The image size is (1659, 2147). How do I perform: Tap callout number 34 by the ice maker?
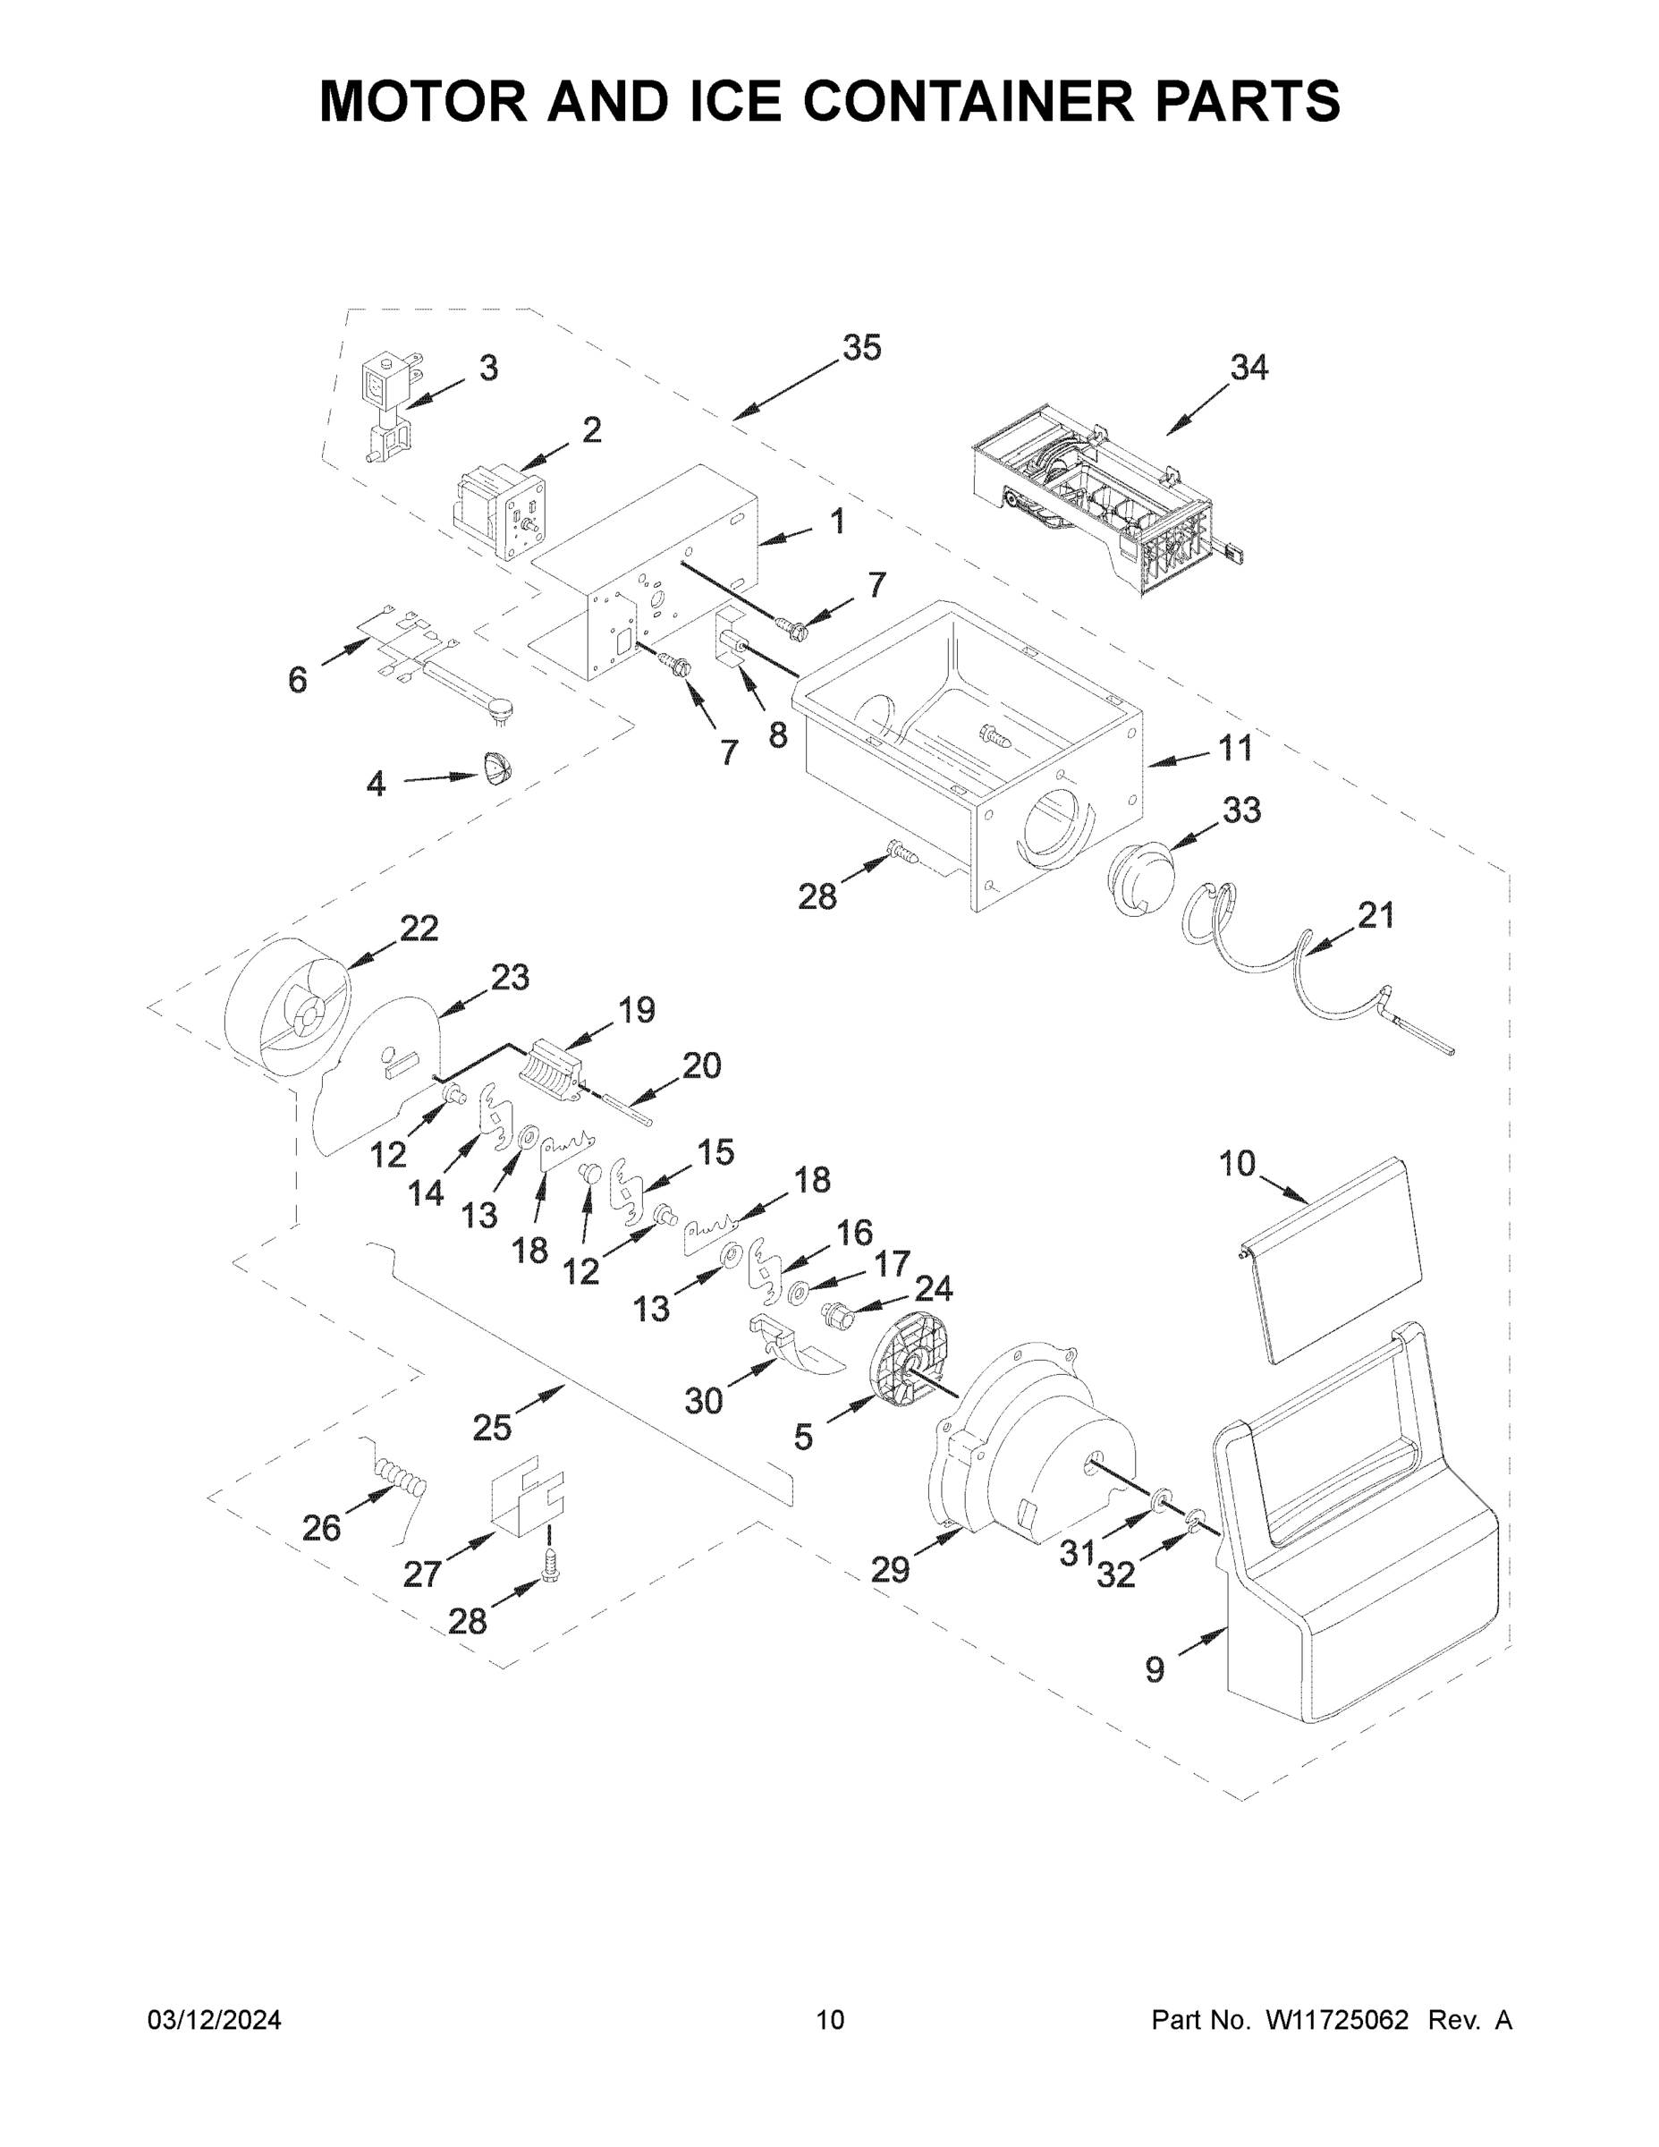pyautogui.click(x=1248, y=368)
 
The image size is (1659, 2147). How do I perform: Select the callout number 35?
pyautogui.click(x=862, y=348)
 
